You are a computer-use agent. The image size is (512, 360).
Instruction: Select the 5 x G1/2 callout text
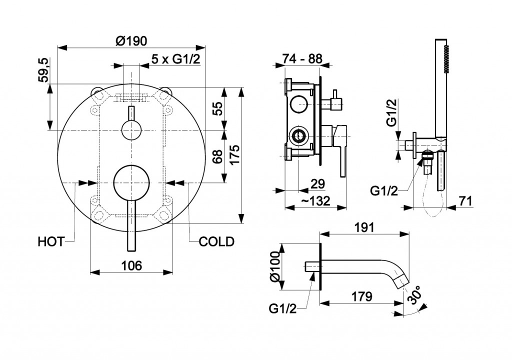coord(176,59)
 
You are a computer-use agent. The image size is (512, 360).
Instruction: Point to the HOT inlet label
coord(51,242)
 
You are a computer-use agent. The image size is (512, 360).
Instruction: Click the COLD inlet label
coord(216,242)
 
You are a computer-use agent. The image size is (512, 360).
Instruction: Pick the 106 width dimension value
coord(131,265)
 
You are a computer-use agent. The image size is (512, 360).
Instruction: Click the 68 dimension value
coord(216,156)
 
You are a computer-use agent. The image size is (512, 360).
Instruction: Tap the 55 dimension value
coord(216,108)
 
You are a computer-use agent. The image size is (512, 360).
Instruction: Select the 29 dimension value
coord(317,183)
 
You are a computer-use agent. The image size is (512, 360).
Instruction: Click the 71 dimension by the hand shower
coord(465,200)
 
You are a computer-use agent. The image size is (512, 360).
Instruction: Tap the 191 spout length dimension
coord(364,227)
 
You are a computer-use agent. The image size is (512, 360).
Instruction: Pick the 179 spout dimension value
coord(361,296)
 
